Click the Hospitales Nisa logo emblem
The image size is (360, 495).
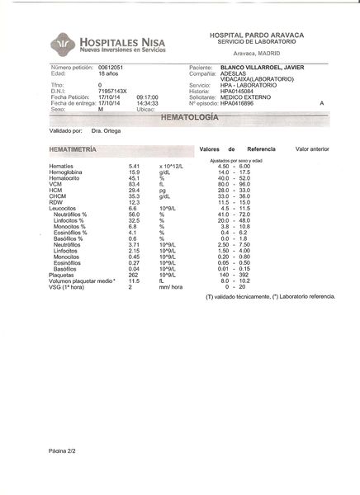pyautogui.click(x=38, y=45)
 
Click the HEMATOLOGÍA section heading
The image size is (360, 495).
pyautogui.click(x=189, y=118)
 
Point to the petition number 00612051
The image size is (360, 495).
pyautogui.click(x=111, y=65)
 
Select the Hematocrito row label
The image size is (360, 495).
pyautogui.click(x=66, y=177)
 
